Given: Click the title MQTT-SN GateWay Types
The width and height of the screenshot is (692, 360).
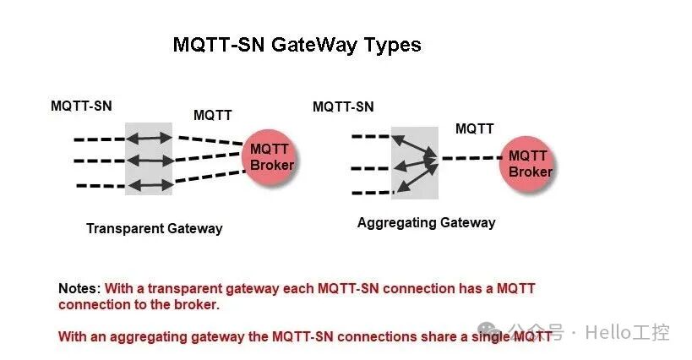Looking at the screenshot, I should point(297,45).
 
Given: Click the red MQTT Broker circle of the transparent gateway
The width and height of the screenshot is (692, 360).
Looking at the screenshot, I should point(271,156).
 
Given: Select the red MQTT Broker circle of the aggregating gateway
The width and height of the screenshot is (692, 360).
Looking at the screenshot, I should point(530,163).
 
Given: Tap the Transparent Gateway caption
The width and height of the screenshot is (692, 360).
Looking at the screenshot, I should point(155,228).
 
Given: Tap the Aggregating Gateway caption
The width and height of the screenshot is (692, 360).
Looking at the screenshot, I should point(426,223).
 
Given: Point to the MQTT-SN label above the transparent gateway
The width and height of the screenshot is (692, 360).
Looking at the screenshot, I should point(81,106).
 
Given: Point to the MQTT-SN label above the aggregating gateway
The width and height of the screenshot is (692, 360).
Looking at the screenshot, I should point(343,106).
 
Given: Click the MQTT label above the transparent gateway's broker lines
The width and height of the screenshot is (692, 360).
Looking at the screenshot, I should point(213,115).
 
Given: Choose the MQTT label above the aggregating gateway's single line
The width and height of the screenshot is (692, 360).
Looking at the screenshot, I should point(475,128).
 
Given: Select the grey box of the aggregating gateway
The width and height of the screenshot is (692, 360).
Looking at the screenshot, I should point(414,162).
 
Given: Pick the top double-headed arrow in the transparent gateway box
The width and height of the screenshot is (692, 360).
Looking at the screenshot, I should point(149,137).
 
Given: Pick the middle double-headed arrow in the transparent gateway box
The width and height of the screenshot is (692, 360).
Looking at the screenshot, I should point(149,160).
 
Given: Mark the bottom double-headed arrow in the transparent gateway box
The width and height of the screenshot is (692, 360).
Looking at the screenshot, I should point(149,183).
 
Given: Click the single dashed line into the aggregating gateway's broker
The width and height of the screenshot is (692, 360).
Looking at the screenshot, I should point(471,158).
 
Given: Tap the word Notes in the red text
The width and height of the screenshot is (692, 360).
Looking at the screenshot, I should point(79,289).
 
